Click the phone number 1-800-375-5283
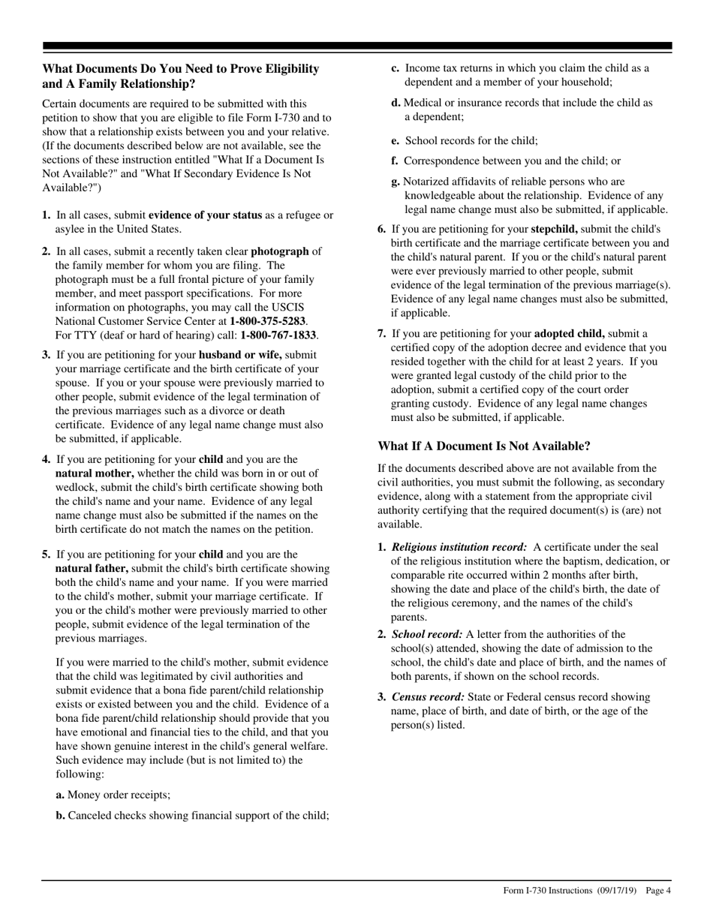tap(268, 320)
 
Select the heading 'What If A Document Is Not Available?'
tap(484, 446)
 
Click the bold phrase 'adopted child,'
tap(570, 333)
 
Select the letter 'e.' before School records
tap(395, 140)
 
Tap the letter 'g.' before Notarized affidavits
tap(396, 182)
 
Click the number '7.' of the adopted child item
tap(382, 333)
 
